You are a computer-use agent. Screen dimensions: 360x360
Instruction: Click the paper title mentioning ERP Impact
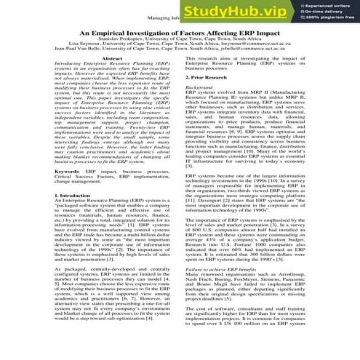click(180, 33)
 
